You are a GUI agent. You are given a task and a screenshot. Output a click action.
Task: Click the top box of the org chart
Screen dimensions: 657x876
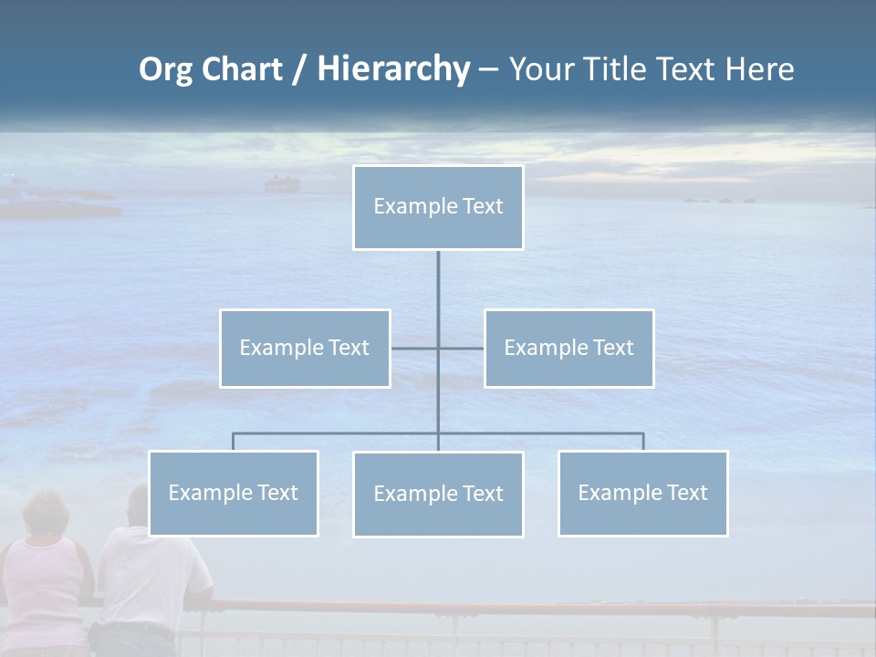pyautogui.click(x=438, y=207)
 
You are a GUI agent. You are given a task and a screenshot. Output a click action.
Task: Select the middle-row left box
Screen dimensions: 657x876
pyautogui.click(x=305, y=348)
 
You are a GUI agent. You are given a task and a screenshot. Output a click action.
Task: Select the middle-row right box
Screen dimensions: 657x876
pyautogui.click(x=568, y=348)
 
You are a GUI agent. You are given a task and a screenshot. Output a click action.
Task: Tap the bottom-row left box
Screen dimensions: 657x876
pyautogui.click(x=233, y=493)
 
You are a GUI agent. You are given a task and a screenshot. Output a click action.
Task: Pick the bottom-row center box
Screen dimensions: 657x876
pyautogui.click(x=438, y=494)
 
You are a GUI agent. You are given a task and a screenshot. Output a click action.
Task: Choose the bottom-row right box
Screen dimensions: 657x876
pyautogui.click(x=642, y=493)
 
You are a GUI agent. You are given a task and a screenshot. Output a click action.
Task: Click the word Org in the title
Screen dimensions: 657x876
pyautogui.click(x=165, y=69)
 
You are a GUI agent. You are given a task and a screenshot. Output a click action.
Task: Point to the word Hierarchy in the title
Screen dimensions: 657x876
pyautogui.click(x=393, y=69)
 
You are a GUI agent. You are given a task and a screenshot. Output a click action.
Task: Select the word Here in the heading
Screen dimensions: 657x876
pyautogui.click(x=759, y=69)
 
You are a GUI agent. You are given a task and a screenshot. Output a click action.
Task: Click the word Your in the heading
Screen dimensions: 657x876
pyautogui.click(x=544, y=69)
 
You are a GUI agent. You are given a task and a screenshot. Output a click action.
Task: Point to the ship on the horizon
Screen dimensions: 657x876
pyautogui.click(x=281, y=184)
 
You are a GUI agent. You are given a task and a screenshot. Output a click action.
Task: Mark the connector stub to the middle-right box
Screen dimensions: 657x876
pyautogui.click(x=462, y=348)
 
